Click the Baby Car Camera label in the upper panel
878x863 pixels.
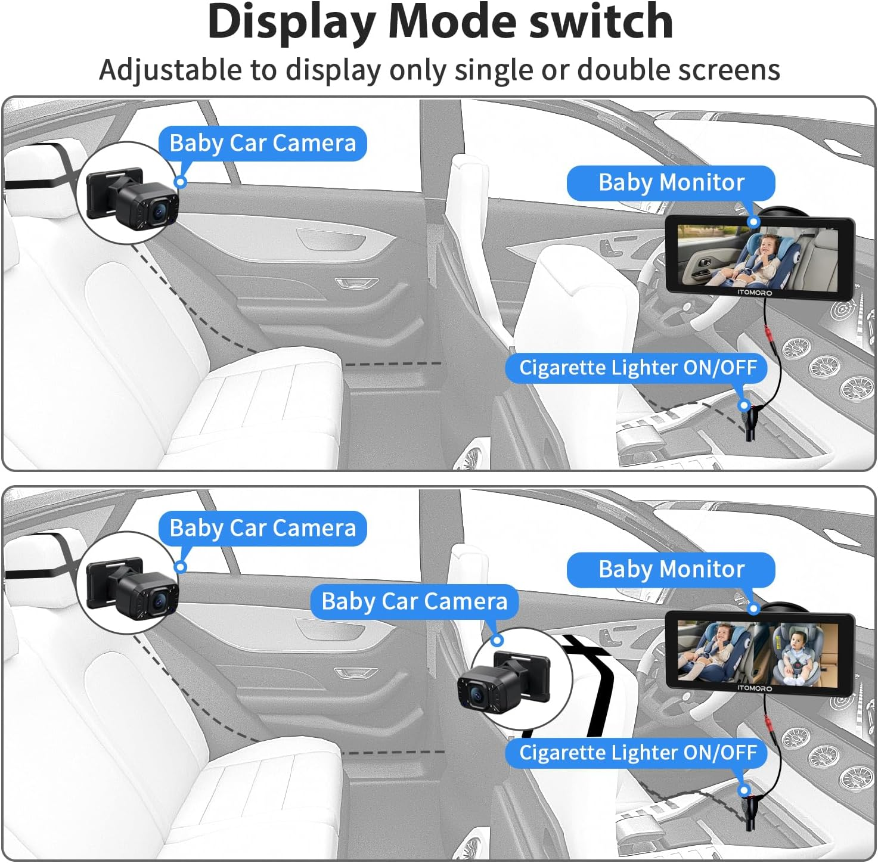[262, 144]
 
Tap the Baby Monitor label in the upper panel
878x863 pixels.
[671, 182]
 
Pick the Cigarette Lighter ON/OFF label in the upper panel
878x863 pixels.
[637, 368]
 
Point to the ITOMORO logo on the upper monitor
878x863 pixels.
[755, 293]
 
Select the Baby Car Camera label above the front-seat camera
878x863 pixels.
[414, 601]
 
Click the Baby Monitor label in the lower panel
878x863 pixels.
[671, 569]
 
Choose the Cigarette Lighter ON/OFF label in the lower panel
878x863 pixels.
[637, 753]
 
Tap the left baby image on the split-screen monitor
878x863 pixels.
[715, 652]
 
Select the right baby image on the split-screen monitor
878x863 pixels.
[796, 653]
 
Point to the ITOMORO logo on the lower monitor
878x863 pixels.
[755, 688]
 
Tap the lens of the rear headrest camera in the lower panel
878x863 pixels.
[159, 603]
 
